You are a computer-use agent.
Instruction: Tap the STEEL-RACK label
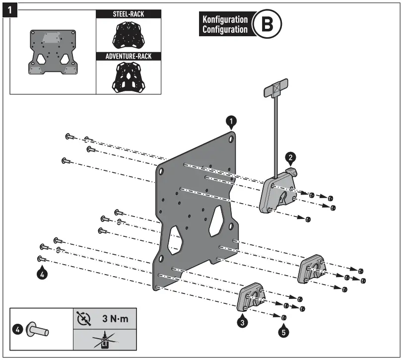tap(128, 14)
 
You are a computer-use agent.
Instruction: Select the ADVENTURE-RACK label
tap(128, 56)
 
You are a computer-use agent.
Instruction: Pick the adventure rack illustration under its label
tap(128, 77)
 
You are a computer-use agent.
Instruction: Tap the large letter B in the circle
tap(267, 24)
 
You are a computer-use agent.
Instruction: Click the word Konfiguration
tap(224, 19)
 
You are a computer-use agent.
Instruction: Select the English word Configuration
tap(224, 29)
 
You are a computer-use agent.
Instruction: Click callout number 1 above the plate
tap(231, 121)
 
